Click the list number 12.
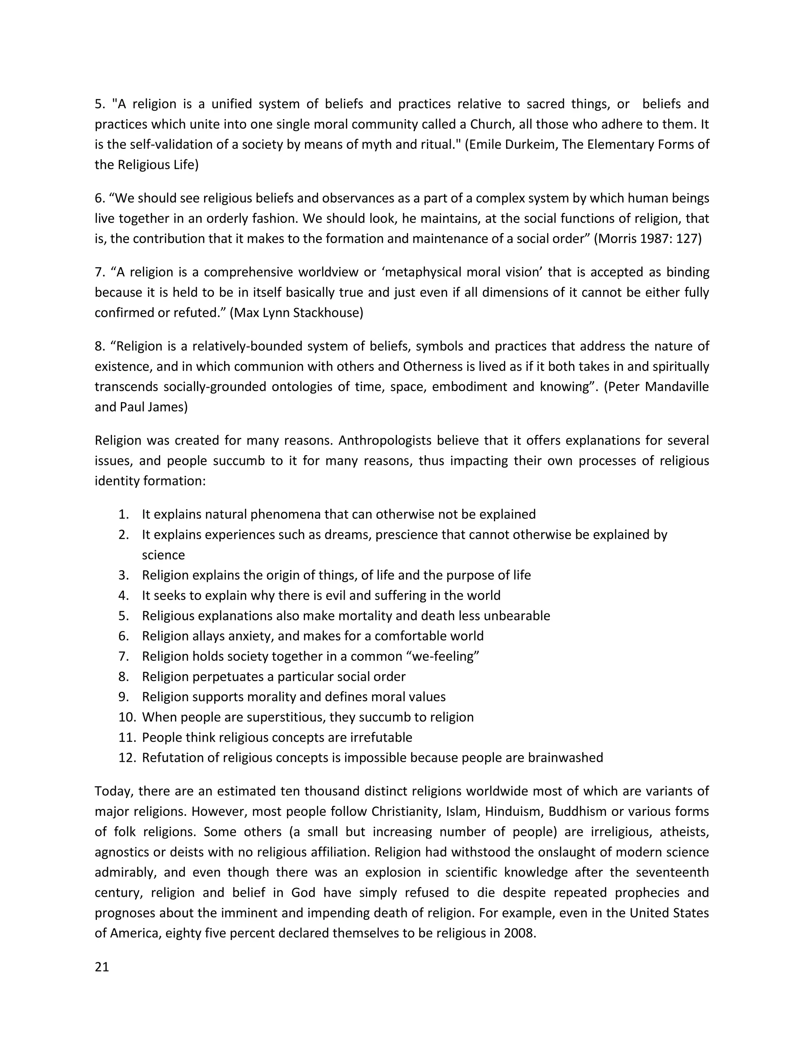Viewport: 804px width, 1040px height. (x=127, y=757)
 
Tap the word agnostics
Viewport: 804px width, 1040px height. (x=121, y=852)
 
